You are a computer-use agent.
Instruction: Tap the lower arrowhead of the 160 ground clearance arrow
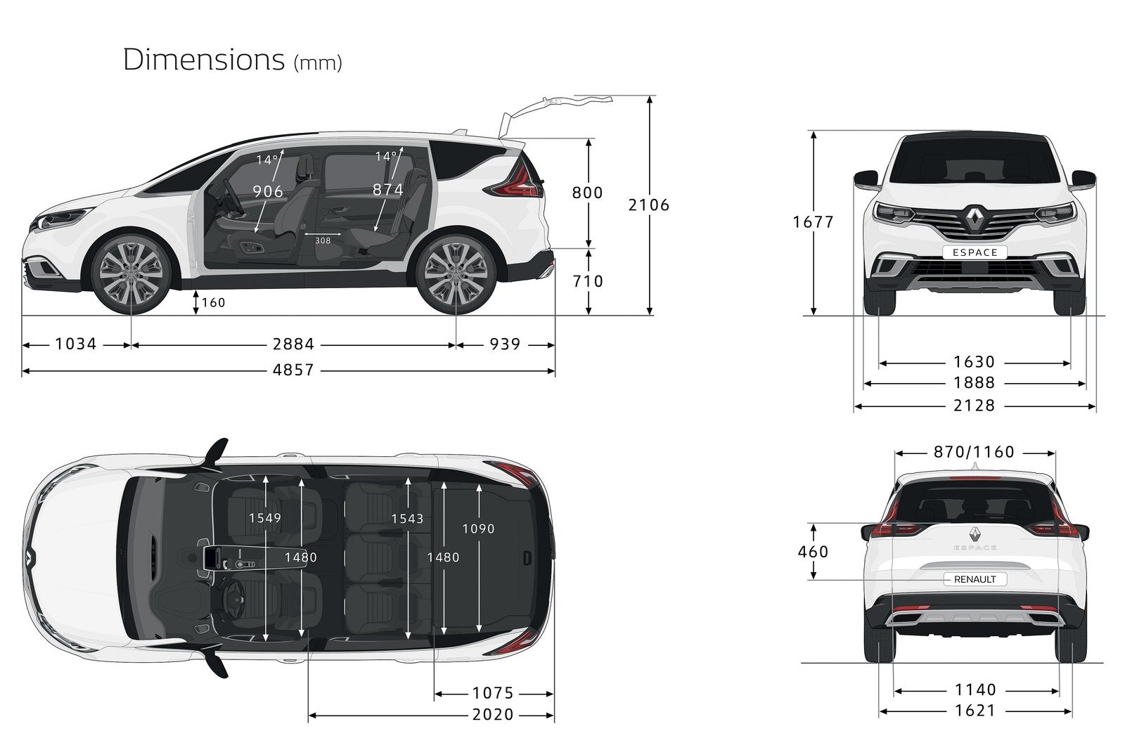pyautogui.click(x=196, y=311)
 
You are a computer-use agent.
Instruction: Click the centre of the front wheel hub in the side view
pyautogui.click(x=131, y=275)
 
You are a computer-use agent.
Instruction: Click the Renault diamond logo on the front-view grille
pyautogui.click(x=975, y=219)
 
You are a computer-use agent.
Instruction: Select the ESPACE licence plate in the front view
pyautogui.click(x=975, y=252)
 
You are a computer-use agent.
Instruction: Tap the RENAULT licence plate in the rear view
pyautogui.click(x=975, y=579)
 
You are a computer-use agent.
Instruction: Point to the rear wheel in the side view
pyautogui.click(x=456, y=274)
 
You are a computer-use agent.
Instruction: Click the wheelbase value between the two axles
pyautogui.click(x=293, y=344)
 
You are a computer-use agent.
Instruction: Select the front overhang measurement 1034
pyautogui.click(x=75, y=344)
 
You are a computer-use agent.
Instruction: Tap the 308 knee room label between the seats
pyautogui.click(x=323, y=241)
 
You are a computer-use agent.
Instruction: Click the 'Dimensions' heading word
pyautogui.click(x=204, y=59)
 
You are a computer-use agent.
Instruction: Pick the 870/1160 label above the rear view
pyautogui.click(x=974, y=452)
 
